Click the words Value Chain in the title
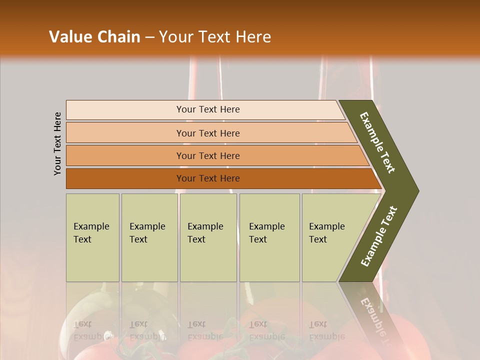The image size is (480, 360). (x=94, y=37)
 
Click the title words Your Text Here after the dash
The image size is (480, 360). (x=215, y=37)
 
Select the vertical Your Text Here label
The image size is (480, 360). (x=57, y=143)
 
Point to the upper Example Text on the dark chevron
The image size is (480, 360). (x=377, y=142)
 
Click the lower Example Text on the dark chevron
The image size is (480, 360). (x=379, y=236)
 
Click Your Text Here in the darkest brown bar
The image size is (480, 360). (x=208, y=178)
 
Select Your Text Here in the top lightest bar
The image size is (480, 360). (x=208, y=109)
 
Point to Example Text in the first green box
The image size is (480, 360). (x=91, y=233)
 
